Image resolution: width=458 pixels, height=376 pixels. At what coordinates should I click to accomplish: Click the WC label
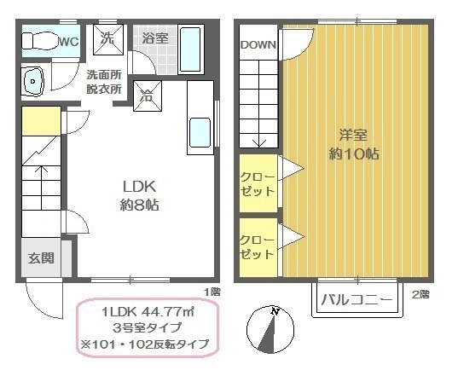tap(69, 42)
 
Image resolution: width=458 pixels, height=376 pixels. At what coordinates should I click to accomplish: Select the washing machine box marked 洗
tap(108, 39)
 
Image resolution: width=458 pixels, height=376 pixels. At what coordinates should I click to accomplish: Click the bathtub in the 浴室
tap(190, 49)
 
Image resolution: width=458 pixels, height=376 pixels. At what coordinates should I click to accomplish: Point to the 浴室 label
tap(155, 38)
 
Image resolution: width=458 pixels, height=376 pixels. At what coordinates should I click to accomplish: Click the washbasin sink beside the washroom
tap(32, 82)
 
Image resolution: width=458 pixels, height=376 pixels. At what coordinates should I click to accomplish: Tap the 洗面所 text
tap(104, 75)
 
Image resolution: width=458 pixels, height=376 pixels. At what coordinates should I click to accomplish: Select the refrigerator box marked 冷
tap(148, 95)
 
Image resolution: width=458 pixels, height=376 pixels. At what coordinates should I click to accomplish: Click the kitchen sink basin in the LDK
tap(200, 132)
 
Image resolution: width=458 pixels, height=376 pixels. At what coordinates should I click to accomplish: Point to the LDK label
tap(139, 187)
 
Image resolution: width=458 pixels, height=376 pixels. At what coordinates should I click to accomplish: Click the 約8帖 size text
tap(139, 205)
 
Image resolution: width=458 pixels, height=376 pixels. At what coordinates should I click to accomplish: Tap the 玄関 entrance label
tap(41, 258)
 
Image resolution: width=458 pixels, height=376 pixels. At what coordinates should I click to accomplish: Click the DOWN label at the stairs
tap(258, 44)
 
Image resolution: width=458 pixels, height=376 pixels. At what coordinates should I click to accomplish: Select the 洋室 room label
tap(353, 135)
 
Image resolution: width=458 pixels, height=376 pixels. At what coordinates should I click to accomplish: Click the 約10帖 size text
tap(354, 153)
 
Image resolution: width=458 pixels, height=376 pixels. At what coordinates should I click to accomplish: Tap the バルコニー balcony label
tap(357, 300)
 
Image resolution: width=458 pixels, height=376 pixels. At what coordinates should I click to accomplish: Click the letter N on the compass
tap(275, 311)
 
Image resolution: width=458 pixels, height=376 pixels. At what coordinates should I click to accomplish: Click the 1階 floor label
tap(212, 292)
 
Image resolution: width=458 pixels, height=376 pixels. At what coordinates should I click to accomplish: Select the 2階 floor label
tap(420, 294)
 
